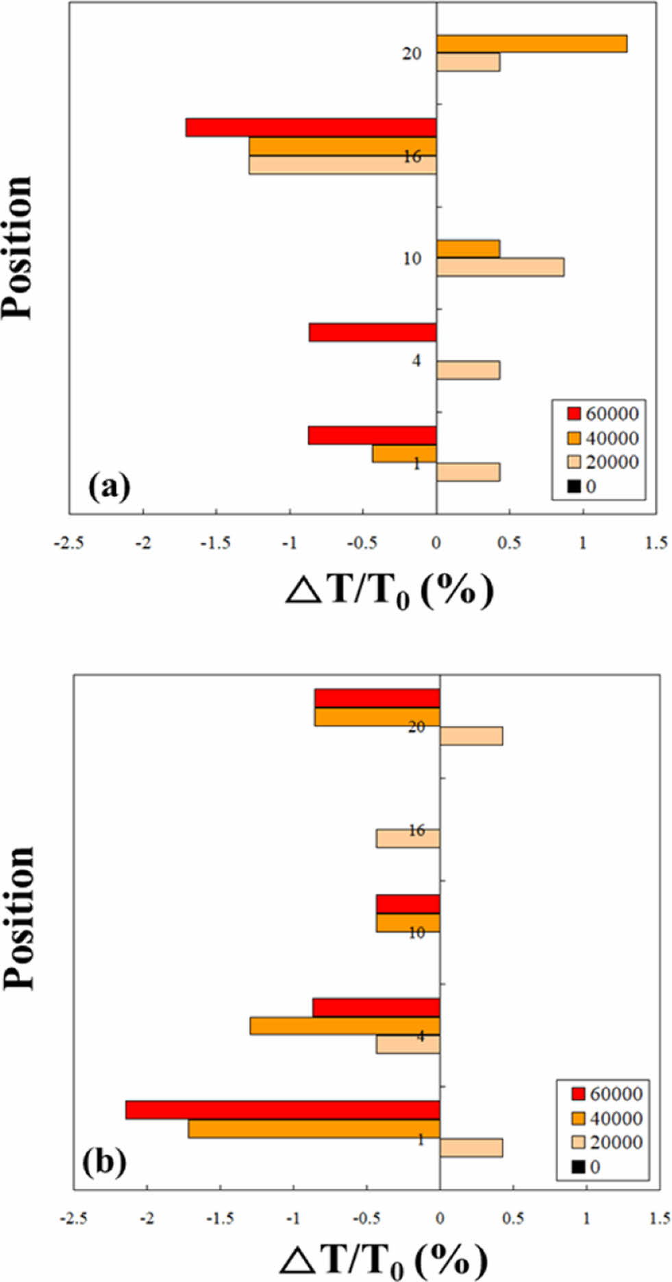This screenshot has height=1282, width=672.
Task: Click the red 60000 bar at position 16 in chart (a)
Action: tap(311, 127)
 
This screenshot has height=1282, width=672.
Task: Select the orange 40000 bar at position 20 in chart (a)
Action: tap(532, 43)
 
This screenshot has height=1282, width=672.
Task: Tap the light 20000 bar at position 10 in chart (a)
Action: tap(500, 267)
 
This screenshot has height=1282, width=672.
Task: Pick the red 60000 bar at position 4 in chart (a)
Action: tap(373, 332)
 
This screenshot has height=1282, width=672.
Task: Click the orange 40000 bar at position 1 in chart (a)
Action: tap(404, 454)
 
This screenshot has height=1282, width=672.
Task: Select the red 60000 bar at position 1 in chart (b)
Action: tap(282, 1110)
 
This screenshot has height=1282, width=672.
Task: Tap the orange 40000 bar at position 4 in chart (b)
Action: tap(345, 1026)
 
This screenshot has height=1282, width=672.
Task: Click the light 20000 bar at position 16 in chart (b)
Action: tap(408, 838)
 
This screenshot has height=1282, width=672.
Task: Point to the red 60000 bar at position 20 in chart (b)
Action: tap(377, 698)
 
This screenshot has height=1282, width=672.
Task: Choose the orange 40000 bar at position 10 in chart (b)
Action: tap(408, 922)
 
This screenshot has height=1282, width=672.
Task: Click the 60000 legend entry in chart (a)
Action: tap(603, 414)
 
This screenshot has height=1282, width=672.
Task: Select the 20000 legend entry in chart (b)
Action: tap(607, 1142)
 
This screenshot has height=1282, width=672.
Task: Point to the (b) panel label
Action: tap(104, 1162)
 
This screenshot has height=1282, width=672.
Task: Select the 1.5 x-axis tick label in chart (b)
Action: tap(660, 1219)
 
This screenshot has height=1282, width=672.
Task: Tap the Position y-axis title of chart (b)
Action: tap(20, 918)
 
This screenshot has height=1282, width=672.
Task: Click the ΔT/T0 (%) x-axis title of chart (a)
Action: tap(389, 591)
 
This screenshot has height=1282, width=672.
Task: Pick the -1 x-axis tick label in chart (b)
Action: tap(293, 1219)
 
